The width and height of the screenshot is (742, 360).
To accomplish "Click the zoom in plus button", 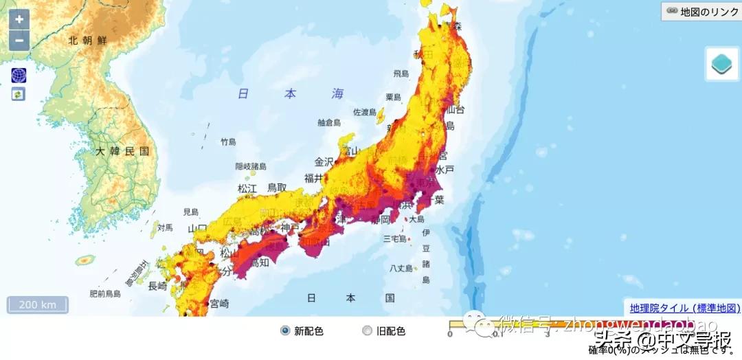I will coord(19,19).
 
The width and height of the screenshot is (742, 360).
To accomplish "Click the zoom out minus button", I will coord(19,41).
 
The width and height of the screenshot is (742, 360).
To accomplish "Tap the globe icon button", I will coord(18,76).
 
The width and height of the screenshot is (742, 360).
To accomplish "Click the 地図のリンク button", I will coord(701,11).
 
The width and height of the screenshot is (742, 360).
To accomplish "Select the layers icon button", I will coord(722,65).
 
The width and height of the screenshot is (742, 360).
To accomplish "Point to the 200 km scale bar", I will coord(38,304).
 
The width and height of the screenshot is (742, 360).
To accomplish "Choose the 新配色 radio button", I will coord(285,331).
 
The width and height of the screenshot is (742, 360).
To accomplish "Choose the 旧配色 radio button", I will coord(366,331).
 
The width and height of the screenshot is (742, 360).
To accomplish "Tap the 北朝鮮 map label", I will coord(88,41).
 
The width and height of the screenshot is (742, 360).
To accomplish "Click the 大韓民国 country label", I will coord(122,151).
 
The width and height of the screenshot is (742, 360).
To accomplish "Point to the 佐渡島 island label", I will coord(365,112).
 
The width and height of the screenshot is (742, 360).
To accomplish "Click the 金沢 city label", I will coord(324,162).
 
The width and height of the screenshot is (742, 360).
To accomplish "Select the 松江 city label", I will coord(247,188).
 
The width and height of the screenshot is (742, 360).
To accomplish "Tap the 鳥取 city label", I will coord(277,188).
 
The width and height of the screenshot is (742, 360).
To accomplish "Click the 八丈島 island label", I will coord(401,268).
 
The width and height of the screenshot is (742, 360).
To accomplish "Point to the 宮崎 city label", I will coord(219,303).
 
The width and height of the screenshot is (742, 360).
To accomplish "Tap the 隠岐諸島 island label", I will coord(250,166).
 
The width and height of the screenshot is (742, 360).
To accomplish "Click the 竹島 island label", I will coord(228,142).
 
